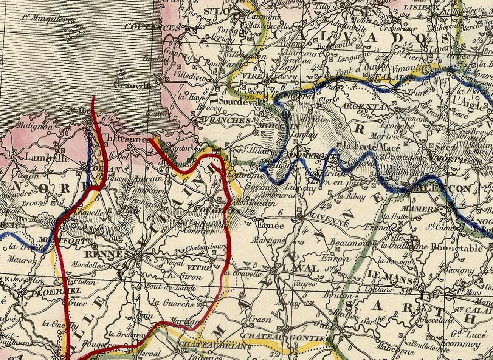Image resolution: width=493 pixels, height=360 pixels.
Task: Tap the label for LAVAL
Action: [x=301, y=268]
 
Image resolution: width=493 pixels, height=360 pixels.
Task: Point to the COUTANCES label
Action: [x=152, y=28]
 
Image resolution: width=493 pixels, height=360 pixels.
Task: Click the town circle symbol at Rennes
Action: [x=138, y=257]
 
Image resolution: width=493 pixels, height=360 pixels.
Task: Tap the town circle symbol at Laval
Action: [x=275, y=271]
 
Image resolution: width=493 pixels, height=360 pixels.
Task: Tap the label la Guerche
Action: [x=173, y=303]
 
